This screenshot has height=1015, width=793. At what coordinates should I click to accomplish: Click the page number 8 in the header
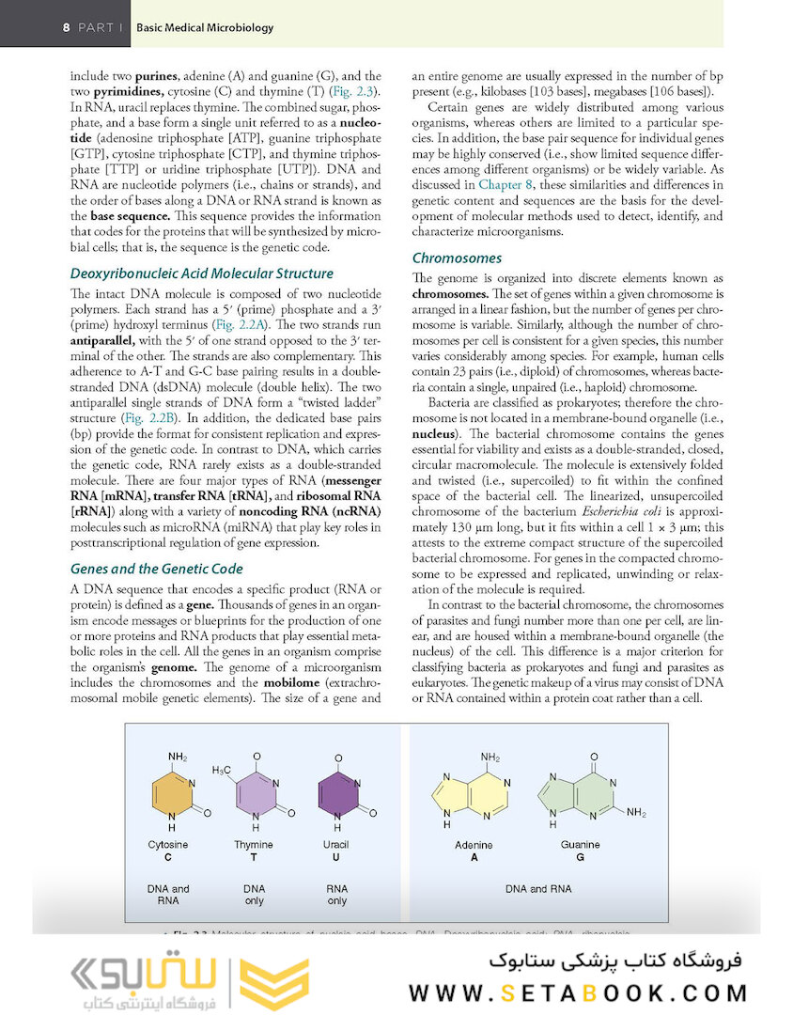66,27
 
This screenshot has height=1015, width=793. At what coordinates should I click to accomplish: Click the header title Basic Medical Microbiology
205,27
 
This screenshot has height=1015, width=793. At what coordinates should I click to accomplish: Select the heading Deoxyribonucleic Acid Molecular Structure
201,273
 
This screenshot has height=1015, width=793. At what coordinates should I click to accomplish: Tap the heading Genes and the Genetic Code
156,569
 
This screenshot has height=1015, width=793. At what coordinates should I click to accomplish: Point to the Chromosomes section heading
457,258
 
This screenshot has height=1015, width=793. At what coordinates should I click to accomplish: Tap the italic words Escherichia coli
559,510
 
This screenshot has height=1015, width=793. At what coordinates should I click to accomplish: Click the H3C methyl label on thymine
222,771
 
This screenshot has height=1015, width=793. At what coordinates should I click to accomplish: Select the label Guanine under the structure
580,845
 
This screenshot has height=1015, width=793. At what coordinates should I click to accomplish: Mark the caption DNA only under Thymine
254,894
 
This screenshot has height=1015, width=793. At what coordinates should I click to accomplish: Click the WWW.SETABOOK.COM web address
578,992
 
